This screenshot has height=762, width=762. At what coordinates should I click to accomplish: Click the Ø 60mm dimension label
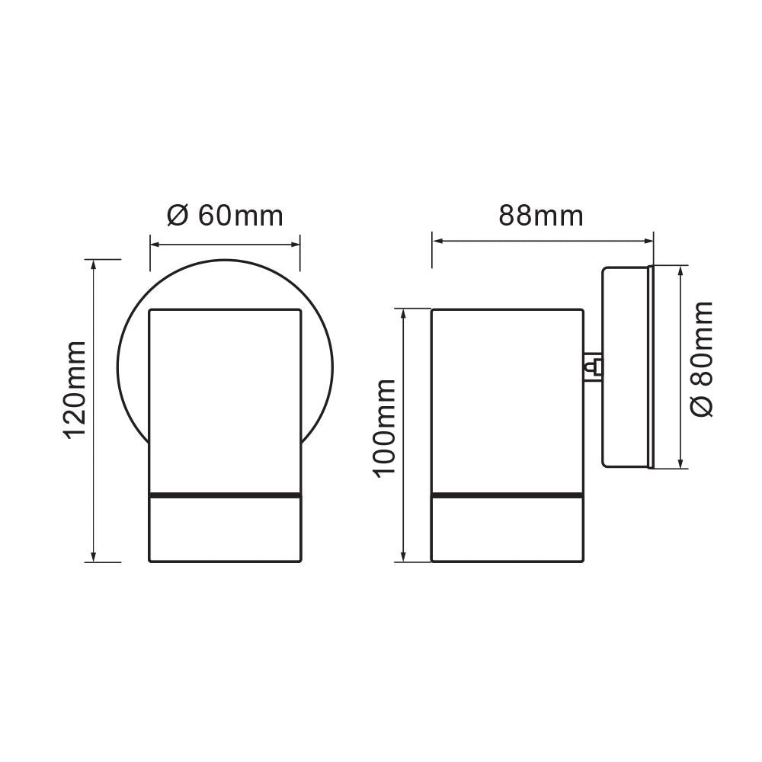[x=225, y=216]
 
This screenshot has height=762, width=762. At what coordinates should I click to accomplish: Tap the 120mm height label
[x=76, y=390]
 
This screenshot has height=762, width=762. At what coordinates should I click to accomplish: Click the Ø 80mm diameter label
[x=702, y=358]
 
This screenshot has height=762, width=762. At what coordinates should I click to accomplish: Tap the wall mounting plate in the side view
[x=626, y=367]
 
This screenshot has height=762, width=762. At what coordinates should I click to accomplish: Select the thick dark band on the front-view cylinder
[x=225, y=495]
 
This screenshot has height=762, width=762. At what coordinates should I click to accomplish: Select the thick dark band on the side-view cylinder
[x=507, y=495]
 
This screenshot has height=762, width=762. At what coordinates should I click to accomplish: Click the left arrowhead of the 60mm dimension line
[x=153, y=245]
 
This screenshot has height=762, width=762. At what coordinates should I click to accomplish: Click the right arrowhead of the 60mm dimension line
[x=296, y=245]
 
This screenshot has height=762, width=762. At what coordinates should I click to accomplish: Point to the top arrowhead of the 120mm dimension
[x=94, y=264]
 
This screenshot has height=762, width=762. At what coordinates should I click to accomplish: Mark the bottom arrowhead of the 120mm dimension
[x=94, y=558]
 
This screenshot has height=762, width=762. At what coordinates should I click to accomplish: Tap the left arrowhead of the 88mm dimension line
[x=437, y=242]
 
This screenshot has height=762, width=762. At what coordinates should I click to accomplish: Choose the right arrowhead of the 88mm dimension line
[x=649, y=242]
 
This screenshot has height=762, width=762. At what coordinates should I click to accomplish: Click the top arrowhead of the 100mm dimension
[x=404, y=312]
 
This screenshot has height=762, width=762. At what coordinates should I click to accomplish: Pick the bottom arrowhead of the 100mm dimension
[x=404, y=558]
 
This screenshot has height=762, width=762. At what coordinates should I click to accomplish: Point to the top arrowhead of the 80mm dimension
[x=680, y=270]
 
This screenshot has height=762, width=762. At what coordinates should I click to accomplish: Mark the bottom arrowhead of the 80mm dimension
[x=680, y=463]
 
